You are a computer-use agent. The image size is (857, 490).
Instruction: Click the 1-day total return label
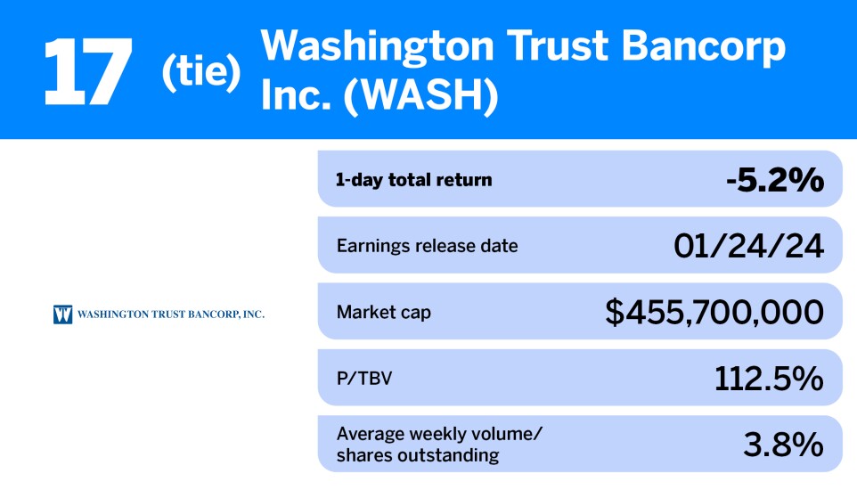pyautogui.click(x=413, y=179)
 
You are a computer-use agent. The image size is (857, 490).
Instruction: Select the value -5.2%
pyautogui.click(x=773, y=179)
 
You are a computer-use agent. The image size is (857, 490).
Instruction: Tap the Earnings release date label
pyautogui.click(x=427, y=245)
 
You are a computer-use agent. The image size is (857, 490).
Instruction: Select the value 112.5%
pyautogui.click(x=769, y=378)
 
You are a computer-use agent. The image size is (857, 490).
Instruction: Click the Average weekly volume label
pyautogui.click(x=439, y=434)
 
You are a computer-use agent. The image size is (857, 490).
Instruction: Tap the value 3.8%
pyautogui.click(x=784, y=444)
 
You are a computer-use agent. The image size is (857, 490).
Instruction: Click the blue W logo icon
pyautogui.click(x=62, y=314)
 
